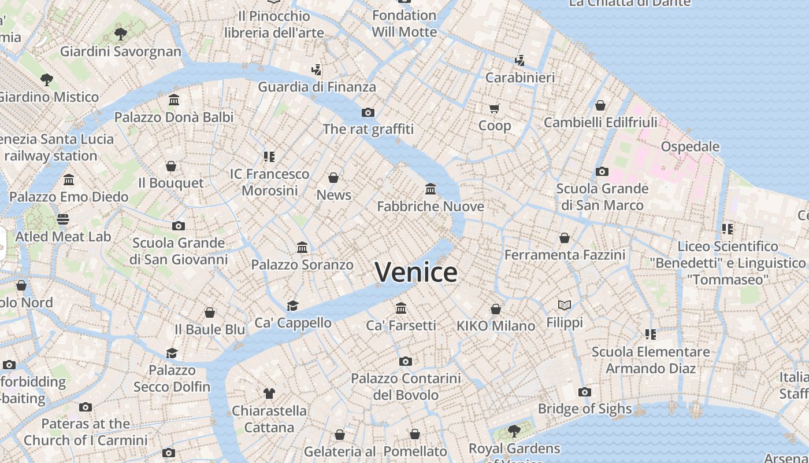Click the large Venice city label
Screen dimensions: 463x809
(416, 272)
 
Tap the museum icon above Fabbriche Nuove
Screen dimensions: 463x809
(431, 189)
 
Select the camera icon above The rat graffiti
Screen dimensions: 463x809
(368, 112)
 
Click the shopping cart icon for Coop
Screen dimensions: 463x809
(495, 108)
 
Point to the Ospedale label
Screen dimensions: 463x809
(690, 146)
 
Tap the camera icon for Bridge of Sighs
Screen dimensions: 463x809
(585, 392)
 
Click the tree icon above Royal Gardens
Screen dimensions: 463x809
(514, 431)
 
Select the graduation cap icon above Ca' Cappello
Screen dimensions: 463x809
(293, 306)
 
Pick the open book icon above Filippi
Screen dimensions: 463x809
(565, 305)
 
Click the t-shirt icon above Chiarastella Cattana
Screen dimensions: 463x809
(269, 394)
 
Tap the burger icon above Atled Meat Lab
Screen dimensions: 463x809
(63, 219)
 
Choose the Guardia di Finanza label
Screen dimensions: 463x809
(317, 87)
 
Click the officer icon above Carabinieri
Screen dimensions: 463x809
(519, 60)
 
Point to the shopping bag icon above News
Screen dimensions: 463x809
(333, 178)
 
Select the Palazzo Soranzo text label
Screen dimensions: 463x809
(302, 265)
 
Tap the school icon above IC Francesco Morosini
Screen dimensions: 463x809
(269, 156)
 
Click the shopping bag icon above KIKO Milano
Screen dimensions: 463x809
(496, 309)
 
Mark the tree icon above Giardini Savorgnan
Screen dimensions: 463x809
(121, 34)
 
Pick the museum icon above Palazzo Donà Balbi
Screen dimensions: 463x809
(174, 100)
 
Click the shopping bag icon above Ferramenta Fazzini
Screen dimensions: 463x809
(565, 238)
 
